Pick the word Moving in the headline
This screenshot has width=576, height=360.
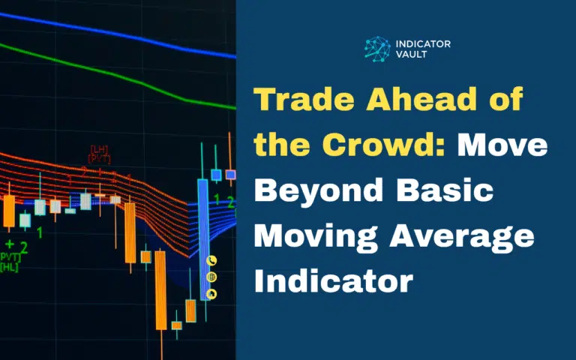pyautogui.click(x=315, y=238)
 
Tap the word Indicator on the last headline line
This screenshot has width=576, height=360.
pyautogui.click(x=333, y=283)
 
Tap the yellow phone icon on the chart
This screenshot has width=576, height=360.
pyautogui.click(x=211, y=261)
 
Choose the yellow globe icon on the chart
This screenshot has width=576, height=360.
pyautogui.click(x=211, y=277)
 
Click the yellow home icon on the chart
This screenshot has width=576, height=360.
pyautogui.click(x=211, y=294)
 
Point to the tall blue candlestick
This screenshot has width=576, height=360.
pyautogui.click(x=202, y=232)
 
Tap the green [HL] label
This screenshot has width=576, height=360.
pyautogui.click(x=9, y=267)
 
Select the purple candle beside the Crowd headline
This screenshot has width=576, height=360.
pyautogui.click(x=230, y=175)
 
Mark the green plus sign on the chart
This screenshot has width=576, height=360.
pyautogui.click(x=10, y=245)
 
